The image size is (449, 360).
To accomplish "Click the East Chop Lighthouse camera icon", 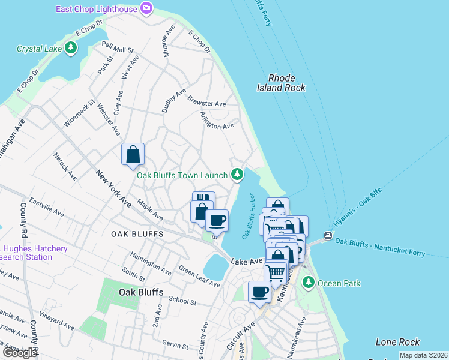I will [146, 8].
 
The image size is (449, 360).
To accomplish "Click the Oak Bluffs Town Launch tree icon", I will [238, 175].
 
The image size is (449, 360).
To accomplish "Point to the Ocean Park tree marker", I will [309, 282].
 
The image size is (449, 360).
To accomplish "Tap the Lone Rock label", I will [397, 342].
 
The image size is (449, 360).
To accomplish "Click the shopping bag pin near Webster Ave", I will [133, 154].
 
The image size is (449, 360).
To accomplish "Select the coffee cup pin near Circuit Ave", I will [259, 292].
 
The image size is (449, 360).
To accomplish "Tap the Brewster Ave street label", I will [206, 101].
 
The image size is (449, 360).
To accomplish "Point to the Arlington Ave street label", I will [217, 121].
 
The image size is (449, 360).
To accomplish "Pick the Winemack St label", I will [79, 113].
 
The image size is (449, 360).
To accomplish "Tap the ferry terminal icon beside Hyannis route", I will [328, 235].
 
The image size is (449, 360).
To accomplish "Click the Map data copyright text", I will [423, 355].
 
